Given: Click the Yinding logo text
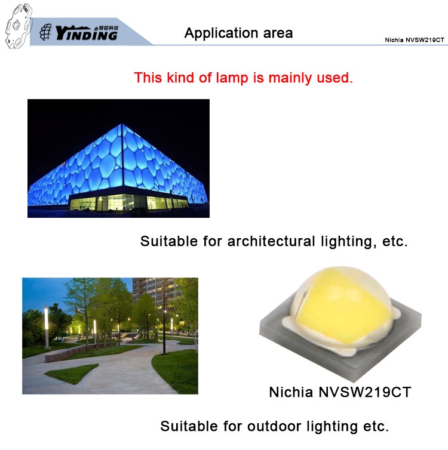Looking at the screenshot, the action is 87,33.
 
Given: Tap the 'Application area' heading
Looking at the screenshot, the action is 239,33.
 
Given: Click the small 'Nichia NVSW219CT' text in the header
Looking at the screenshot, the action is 415,40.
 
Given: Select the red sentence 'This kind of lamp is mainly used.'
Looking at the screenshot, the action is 243,78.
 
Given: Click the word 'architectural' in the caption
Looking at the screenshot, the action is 271,241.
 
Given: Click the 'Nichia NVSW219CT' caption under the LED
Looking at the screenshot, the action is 340,392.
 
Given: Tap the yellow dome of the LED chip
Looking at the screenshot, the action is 342,304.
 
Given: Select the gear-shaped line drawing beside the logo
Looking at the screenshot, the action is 19,26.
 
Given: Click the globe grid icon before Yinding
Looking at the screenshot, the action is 45,32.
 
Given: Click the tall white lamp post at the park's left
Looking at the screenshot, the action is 46,327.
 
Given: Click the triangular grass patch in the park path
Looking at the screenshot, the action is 72,373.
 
